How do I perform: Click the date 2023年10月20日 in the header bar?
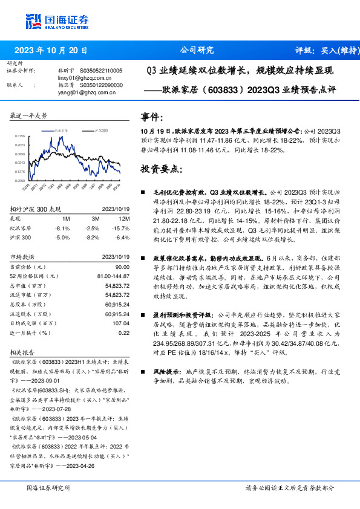50,50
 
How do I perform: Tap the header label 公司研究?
197,50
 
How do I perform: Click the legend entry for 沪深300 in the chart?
100,130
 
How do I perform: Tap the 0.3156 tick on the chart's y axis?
19,136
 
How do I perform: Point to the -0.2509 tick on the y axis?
19,180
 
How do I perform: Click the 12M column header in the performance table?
125,219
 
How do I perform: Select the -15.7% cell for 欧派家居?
122,229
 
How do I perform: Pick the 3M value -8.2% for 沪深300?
92,238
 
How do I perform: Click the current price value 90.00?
122,267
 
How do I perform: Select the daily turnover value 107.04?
122,323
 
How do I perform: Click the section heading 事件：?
152,117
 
